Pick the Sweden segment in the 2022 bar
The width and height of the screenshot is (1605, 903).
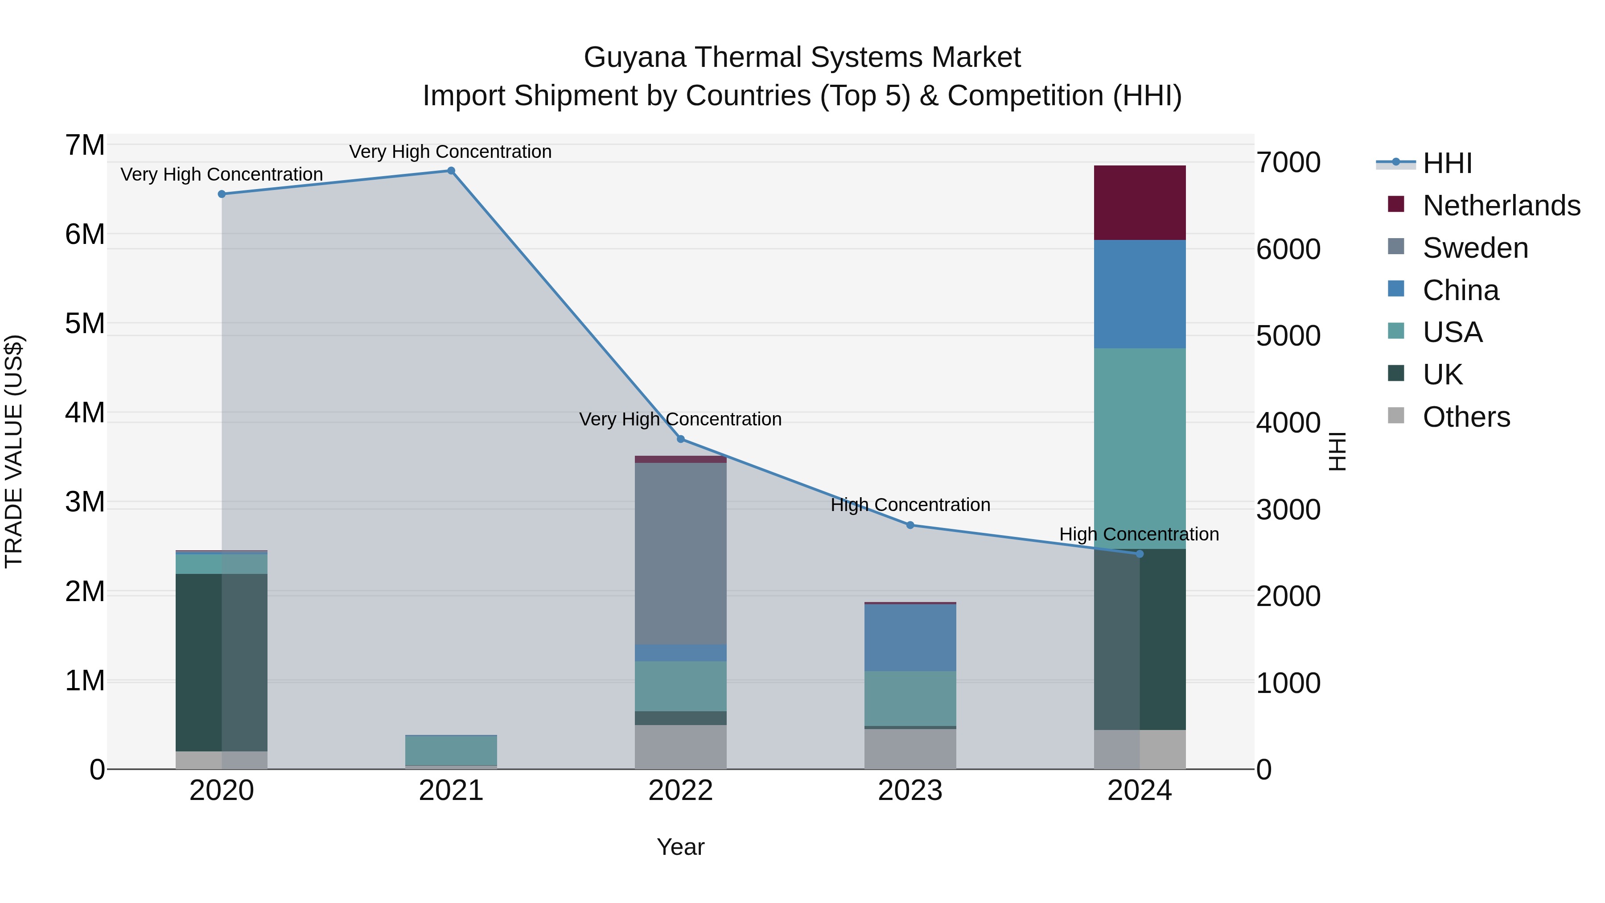[680, 553]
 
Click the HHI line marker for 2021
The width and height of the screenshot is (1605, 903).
[451, 171]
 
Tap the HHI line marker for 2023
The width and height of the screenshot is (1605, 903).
[909, 525]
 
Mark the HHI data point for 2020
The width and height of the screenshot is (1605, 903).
[222, 194]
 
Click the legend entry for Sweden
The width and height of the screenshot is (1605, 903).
[1475, 248]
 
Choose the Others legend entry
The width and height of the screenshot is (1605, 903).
[1465, 417]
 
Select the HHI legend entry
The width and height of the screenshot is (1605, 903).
[1447, 163]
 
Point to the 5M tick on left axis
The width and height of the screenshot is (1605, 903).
[85, 323]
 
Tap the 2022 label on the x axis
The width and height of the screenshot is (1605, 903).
[680, 791]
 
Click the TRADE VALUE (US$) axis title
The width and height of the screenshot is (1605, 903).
[14, 451]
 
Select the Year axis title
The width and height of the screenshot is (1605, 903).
[680, 847]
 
